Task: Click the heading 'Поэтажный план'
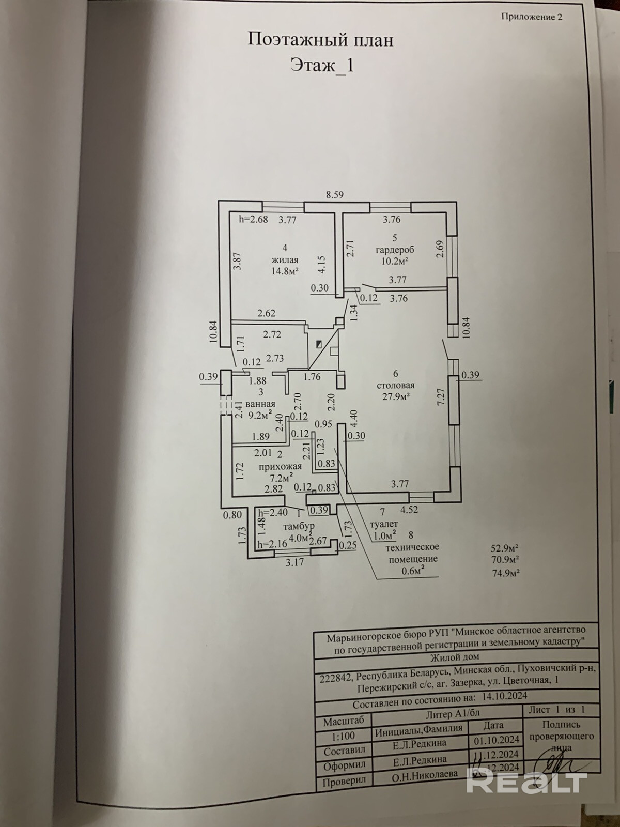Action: point(320,40)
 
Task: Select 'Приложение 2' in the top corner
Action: point(532,17)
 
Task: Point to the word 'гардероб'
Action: point(395,250)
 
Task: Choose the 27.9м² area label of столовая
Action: point(396,396)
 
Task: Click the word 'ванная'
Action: point(260,404)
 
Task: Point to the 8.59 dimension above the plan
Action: point(334,195)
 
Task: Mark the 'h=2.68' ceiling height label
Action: point(253,219)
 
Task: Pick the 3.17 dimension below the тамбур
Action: point(295,562)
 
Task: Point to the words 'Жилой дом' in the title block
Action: point(454,656)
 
